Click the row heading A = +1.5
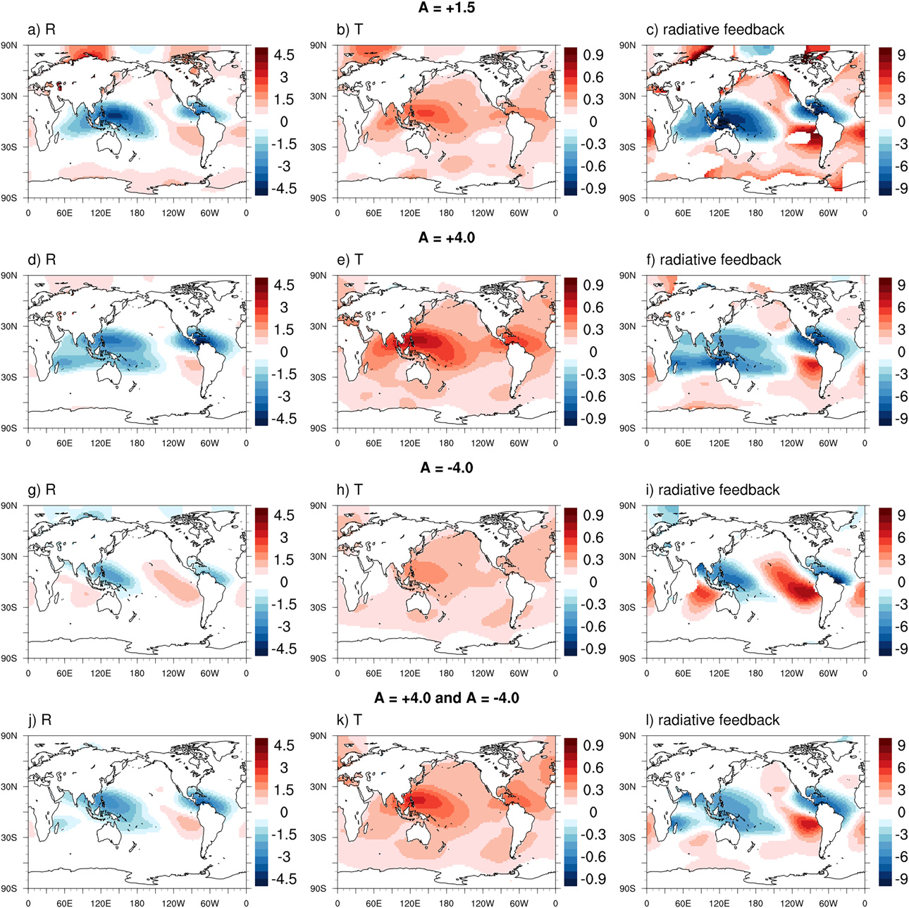[447, 8]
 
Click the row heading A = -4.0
[447, 468]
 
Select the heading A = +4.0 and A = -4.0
[447, 698]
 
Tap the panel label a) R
[42, 30]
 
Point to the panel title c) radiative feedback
[715, 30]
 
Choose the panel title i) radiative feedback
[713, 490]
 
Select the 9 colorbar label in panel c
[901, 54]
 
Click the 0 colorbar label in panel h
[593, 582]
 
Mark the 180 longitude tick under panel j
[137, 903]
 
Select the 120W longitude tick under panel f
[791, 443]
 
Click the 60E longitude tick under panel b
[373, 212]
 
